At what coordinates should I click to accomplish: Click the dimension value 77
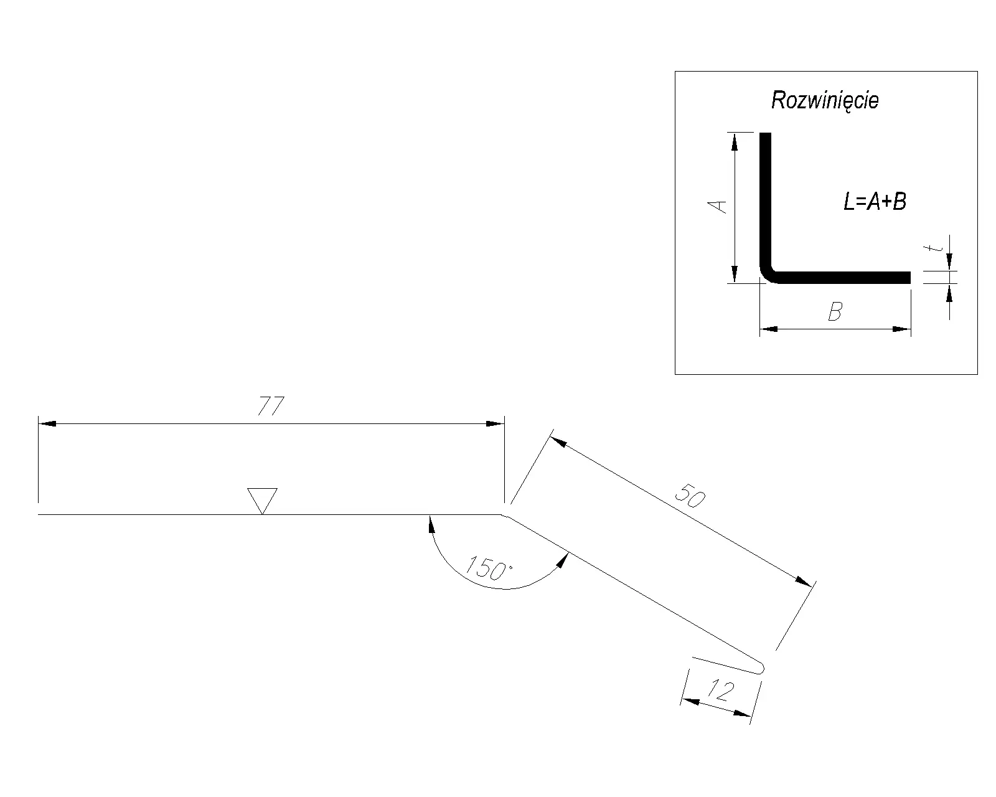(x=271, y=406)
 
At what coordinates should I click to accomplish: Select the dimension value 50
(x=690, y=496)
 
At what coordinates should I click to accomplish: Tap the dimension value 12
(x=721, y=691)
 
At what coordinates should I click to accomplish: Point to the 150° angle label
(x=489, y=568)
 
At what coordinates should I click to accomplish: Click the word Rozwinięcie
(x=825, y=100)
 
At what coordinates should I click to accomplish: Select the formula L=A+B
(x=875, y=202)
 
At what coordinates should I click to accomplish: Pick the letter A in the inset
(x=718, y=207)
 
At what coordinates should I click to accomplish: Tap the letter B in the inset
(x=835, y=311)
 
